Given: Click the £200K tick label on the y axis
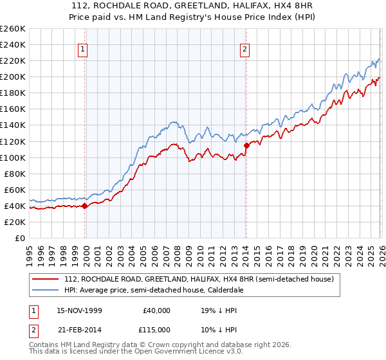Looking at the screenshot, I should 13,77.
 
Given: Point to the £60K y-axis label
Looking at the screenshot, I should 15,190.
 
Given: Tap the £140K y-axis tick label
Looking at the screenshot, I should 13,125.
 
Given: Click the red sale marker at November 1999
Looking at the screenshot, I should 85,206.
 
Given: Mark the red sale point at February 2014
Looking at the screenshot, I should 246,145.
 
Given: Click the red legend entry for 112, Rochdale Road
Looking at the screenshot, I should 198,280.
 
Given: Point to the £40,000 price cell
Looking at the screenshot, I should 156,310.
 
